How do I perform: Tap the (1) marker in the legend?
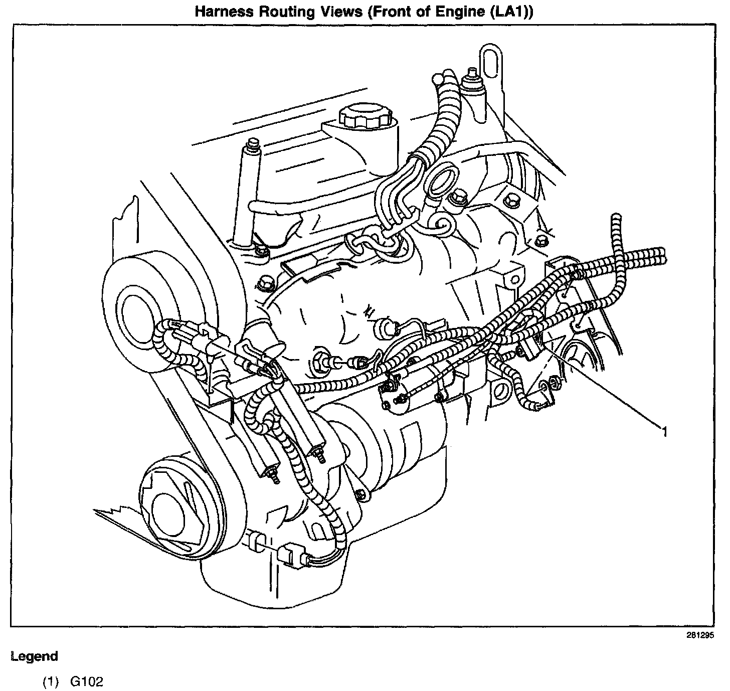[x=51, y=682]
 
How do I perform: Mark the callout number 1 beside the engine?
[x=664, y=432]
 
